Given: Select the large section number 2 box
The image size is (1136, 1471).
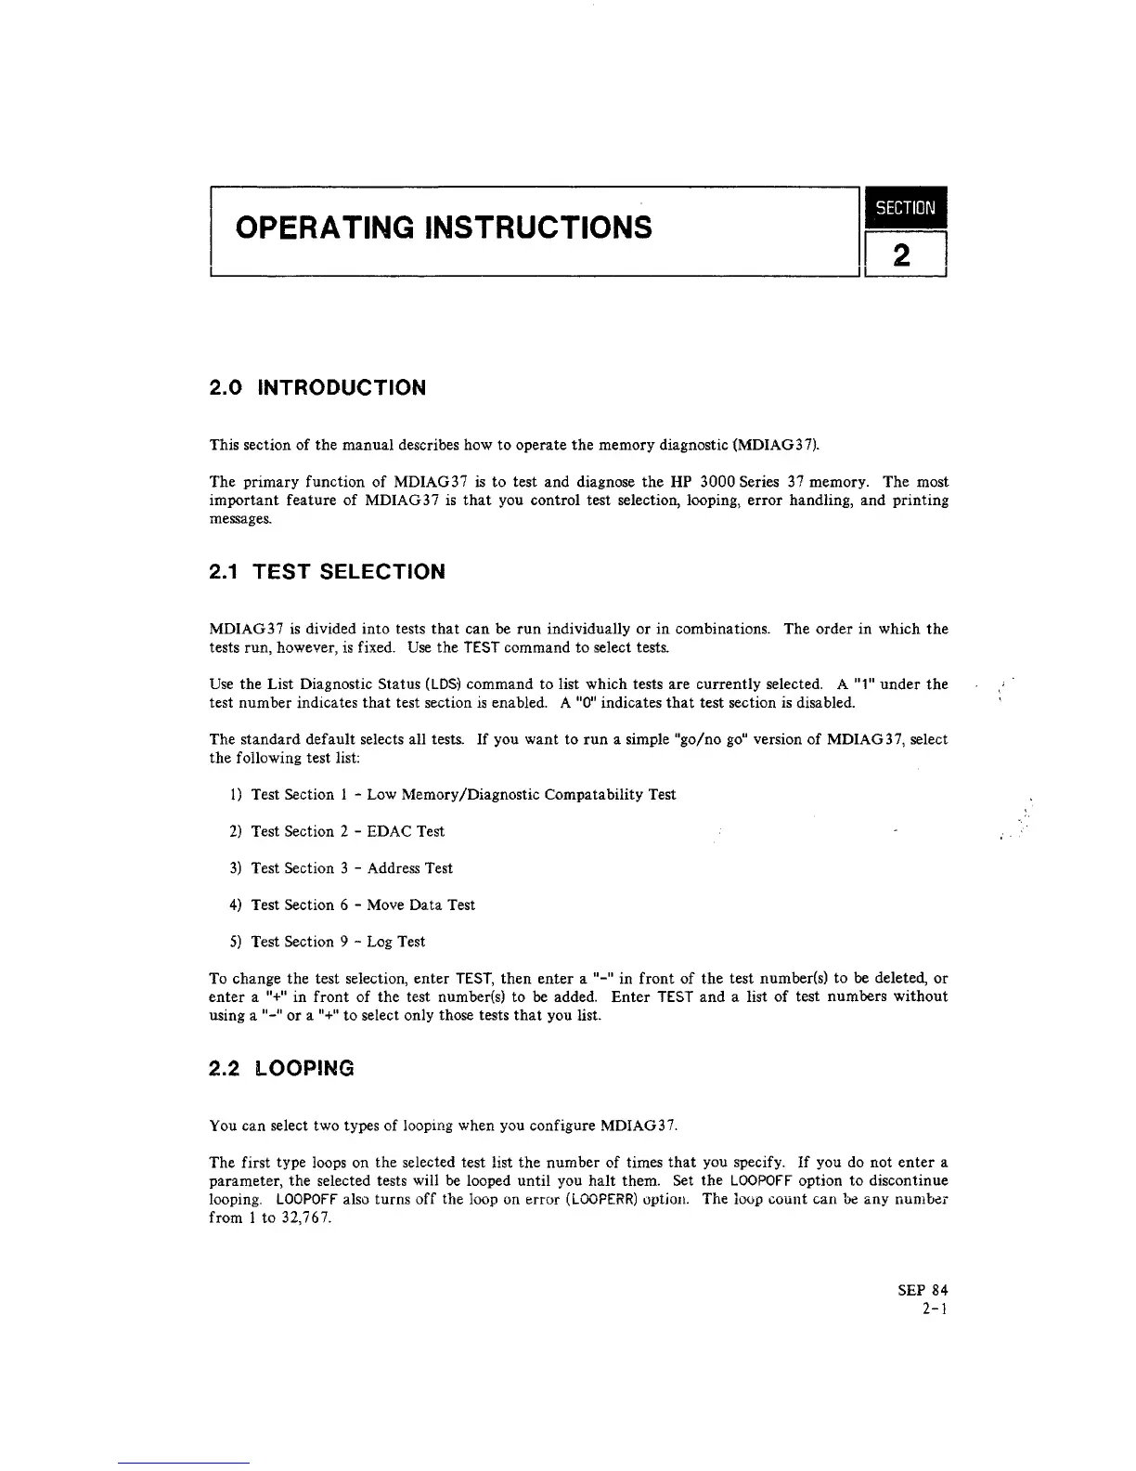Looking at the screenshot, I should [905, 254].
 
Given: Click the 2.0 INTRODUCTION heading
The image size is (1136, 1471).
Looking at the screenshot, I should [317, 388].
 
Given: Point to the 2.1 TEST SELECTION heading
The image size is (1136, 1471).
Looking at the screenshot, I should [327, 572].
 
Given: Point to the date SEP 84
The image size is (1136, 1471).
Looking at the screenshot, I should [923, 1290].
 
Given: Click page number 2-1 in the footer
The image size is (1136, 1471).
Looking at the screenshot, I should [935, 1308].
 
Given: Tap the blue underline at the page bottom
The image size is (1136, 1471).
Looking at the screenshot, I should [184, 1463].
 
